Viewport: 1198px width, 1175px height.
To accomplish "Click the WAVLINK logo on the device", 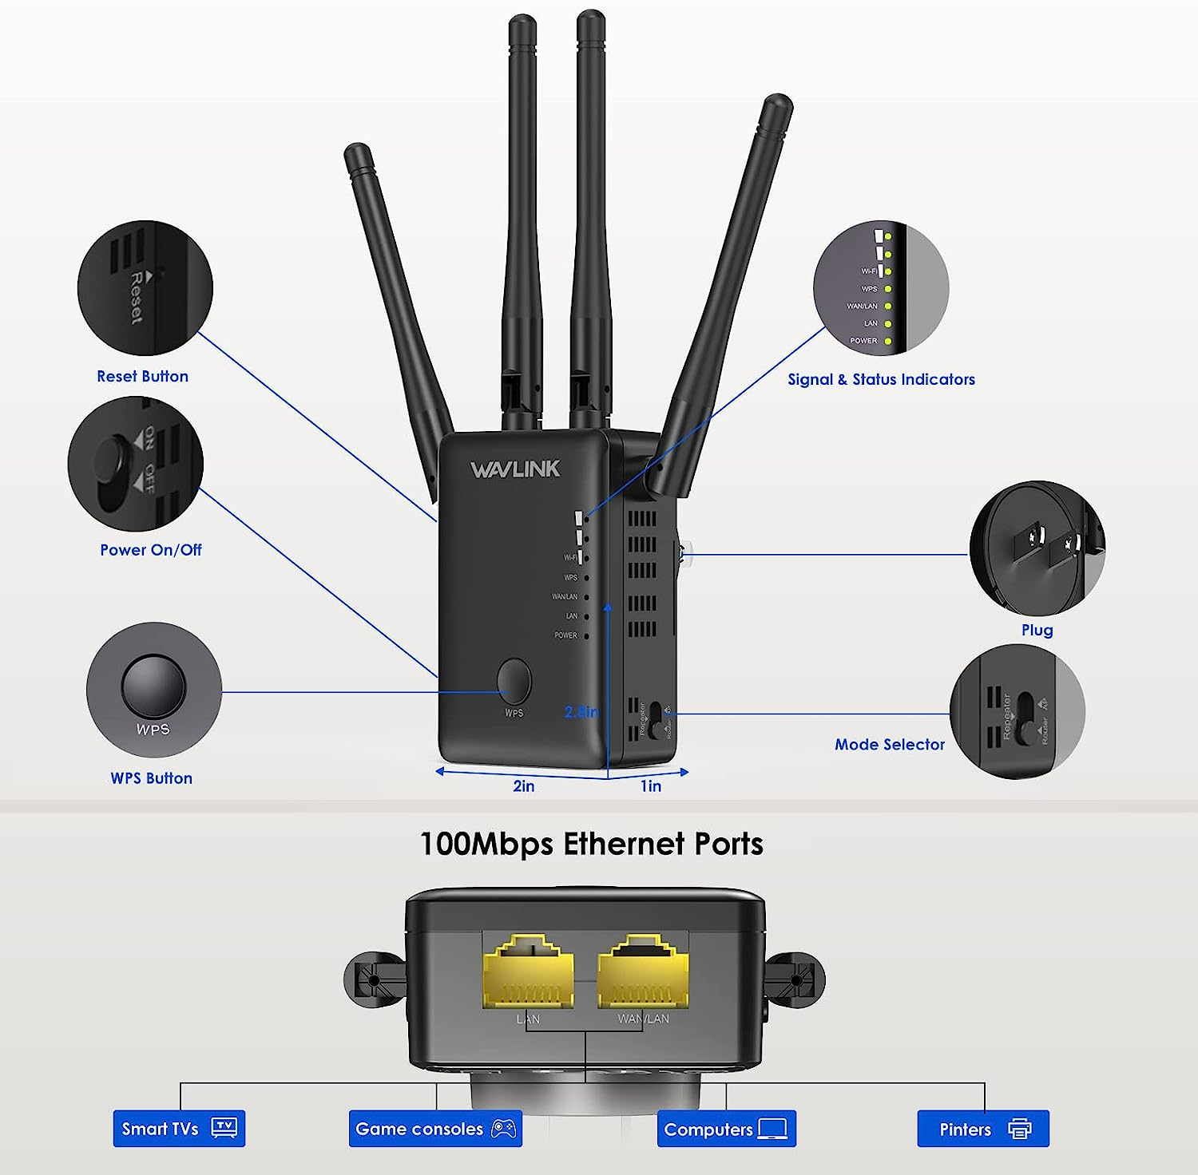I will (x=515, y=469).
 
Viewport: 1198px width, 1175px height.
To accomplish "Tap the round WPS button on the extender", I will (x=514, y=681).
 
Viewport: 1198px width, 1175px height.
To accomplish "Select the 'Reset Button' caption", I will (x=142, y=376).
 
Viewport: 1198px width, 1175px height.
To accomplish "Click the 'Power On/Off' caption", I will (x=150, y=550).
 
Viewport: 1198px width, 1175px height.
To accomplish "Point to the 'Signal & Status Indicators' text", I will (x=881, y=380).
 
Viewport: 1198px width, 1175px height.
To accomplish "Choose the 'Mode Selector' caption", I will (x=889, y=745).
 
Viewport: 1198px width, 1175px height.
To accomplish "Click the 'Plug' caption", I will (x=1037, y=631).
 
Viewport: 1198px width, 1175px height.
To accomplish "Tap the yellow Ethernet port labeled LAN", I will (x=528, y=971).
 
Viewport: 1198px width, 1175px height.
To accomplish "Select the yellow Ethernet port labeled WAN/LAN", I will (x=643, y=971).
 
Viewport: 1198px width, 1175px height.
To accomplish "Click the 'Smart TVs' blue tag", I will (x=179, y=1129).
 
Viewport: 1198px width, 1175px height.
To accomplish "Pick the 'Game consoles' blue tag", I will (x=435, y=1129).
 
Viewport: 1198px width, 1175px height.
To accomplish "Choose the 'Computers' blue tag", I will (x=726, y=1129).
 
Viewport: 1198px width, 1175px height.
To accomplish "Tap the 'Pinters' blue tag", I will (x=982, y=1129).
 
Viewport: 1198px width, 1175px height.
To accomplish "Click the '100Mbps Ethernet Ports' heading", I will (x=591, y=844).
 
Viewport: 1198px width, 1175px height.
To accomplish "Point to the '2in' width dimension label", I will (x=524, y=786).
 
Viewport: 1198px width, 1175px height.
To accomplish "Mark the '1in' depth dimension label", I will (x=651, y=786).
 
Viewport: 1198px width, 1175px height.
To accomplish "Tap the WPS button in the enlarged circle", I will (x=153, y=686).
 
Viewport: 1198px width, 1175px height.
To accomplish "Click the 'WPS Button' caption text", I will (x=151, y=778).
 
